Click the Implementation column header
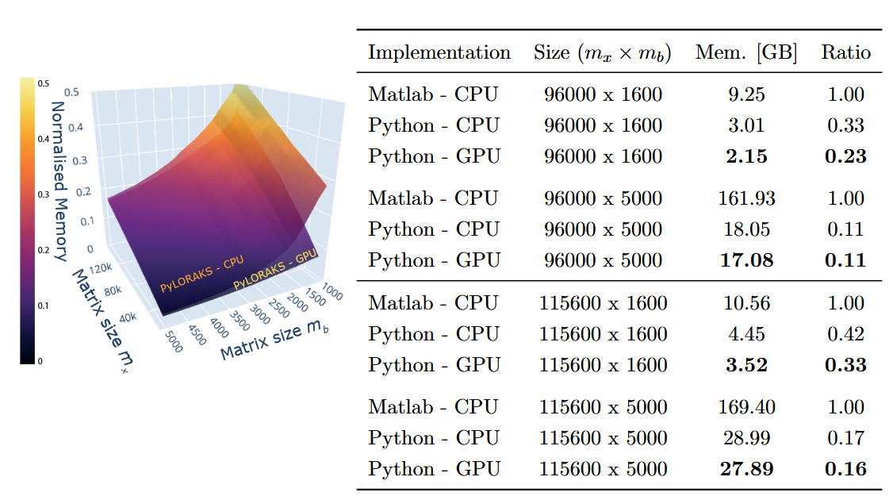click(x=439, y=53)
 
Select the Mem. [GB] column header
click(x=745, y=53)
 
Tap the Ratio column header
click(x=845, y=53)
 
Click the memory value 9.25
click(x=745, y=94)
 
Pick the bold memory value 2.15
click(x=745, y=157)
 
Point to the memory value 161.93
click(x=745, y=198)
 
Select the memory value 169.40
click(x=745, y=407)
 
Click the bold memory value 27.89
click(x=745, y=470)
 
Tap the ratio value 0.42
click(x=845, y=334)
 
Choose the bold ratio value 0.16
click(x=845, y=470)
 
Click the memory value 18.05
click(x=745, y=229)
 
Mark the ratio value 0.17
click(x=845, y=438)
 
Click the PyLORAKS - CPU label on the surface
click(x=201, y=275)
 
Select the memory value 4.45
click(x=745, y=334)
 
